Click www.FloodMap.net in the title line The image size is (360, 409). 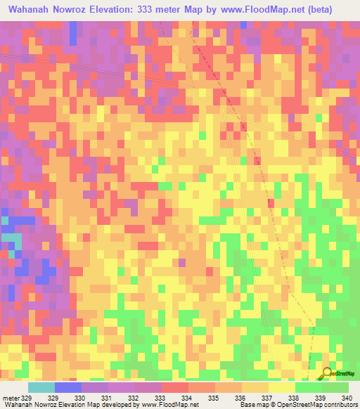click(268, 10)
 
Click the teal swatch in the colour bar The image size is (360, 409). click(41, 388)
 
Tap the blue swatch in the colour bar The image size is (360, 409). click(68, 388)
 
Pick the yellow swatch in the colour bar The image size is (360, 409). click(281, 388)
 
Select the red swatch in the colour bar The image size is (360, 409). click(174, 388)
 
